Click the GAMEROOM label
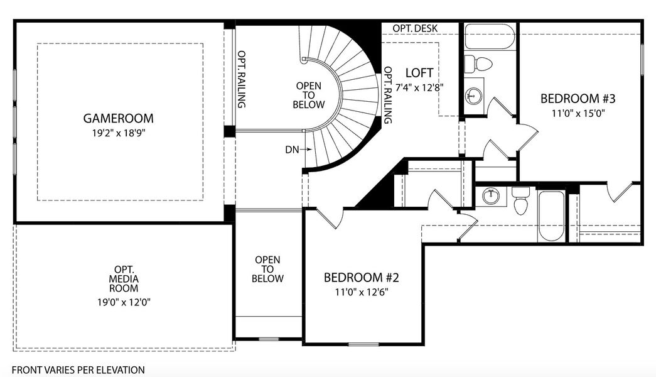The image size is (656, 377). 118,118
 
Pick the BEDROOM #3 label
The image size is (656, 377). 578,99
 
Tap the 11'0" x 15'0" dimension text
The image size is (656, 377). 578,114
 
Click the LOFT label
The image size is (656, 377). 420,72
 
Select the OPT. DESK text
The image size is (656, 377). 415,29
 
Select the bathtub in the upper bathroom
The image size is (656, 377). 489,36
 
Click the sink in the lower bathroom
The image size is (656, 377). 492,197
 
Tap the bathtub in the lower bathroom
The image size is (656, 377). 551,217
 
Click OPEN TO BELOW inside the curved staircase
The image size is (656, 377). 308,95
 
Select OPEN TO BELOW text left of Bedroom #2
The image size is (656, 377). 267,269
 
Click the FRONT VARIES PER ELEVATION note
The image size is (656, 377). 78,370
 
